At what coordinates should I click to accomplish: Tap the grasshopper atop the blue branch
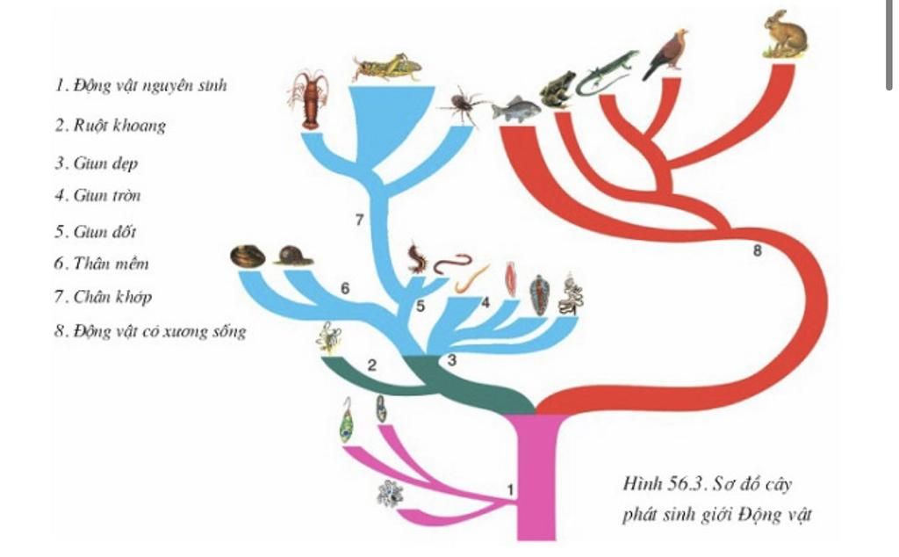(385, 68)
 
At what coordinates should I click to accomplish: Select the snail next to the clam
(292, 255)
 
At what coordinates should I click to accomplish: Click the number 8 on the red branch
(758, 251)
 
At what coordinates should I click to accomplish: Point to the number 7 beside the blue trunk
(359, 221)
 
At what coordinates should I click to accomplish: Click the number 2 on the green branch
(371, 365)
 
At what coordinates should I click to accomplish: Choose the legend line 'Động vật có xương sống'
(149, 331)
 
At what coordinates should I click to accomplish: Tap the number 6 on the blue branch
(345, 288)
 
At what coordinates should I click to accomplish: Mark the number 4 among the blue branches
(485, 303)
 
